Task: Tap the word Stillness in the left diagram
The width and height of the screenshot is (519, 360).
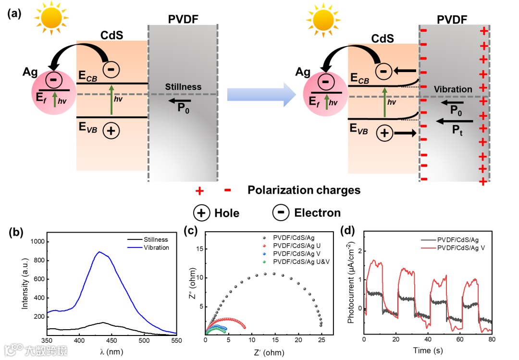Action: (183, 87)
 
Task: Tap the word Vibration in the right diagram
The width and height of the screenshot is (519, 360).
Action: (453, 89)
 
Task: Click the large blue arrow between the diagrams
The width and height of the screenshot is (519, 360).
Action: (261, 94)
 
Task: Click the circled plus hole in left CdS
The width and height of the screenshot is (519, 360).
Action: (111, 131)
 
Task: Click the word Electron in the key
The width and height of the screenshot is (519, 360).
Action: (317, 212)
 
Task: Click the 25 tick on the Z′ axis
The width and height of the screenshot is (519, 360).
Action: (321, 340)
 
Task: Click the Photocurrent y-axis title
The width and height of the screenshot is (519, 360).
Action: (351, 286)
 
